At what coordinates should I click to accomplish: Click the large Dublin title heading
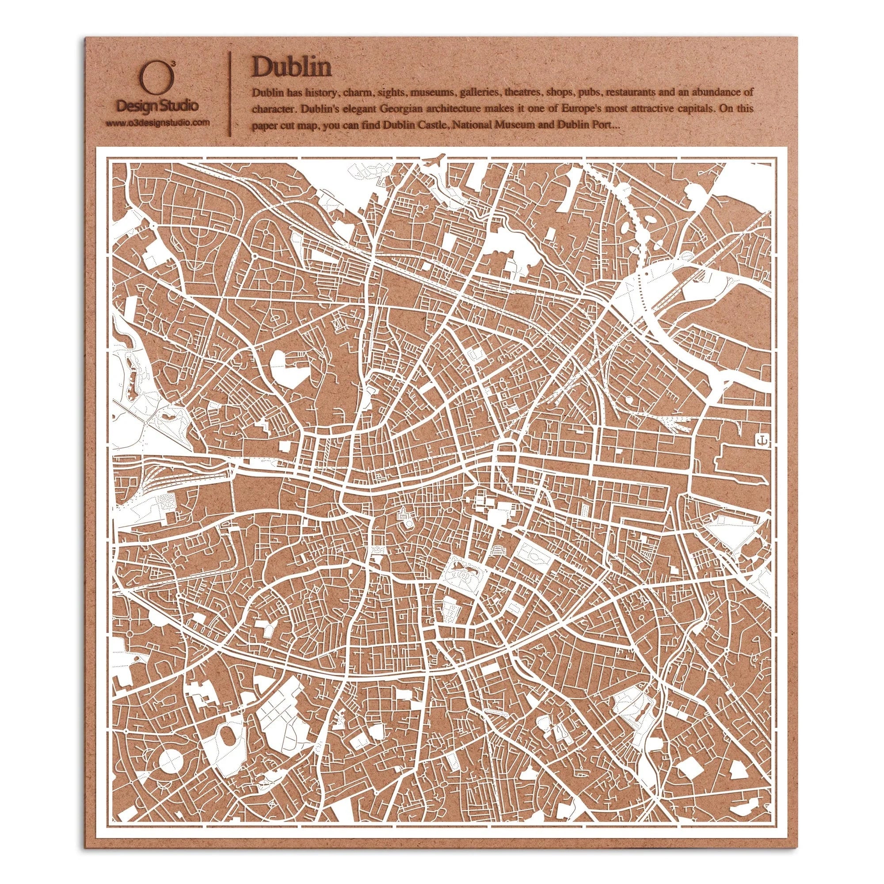tap(291, 68)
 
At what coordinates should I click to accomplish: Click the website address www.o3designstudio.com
tap(157, 122)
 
